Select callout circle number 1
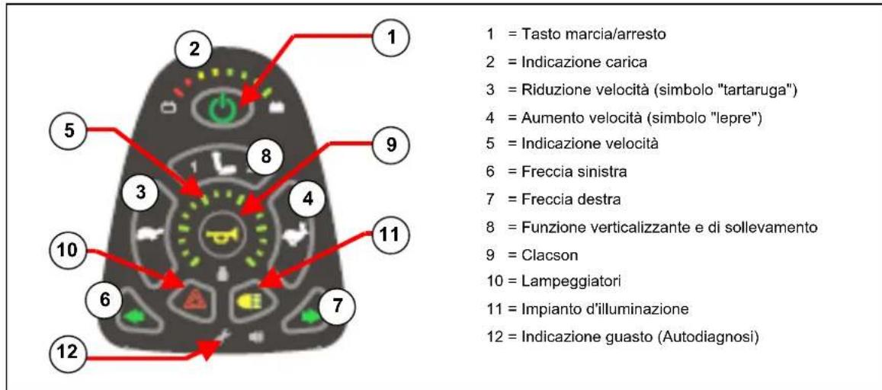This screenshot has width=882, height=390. (x=393, y=37)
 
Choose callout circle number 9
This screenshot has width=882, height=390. (x=392, y=144)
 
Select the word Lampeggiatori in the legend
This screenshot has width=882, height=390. (x=572, y=282)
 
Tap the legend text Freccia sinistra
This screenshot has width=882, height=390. (x=575, y=172)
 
